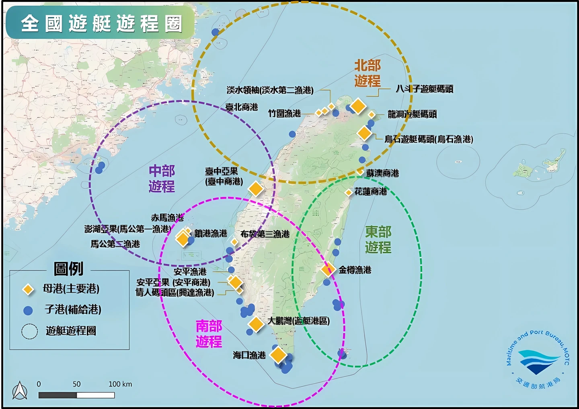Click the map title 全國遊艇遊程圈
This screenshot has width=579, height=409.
tap(101, 23)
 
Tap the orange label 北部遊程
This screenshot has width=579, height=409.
tap(367, 73)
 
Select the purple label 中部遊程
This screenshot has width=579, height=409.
tap(162, 179)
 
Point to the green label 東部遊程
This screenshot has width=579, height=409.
tap(378, 239)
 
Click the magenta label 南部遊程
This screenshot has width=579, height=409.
tap(209, 334)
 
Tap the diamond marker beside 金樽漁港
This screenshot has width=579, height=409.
tap(328, 269)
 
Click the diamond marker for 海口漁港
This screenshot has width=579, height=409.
tap(278, 355)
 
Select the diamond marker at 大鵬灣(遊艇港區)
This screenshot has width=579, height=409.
tap(256, 324)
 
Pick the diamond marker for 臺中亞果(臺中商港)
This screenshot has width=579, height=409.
tap(256, 188)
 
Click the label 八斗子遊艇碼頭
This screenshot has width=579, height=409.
tap(424, 89)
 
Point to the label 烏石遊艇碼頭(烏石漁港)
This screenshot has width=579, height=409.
tap(429, 139)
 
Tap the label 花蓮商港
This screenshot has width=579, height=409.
tap(370, 191)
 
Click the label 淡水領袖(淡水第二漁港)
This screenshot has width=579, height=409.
tap(270, 90)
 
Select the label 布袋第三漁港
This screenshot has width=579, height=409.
tap(265, 234)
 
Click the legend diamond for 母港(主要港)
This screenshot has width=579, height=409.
tap(28, 289)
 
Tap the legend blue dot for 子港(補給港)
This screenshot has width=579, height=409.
tap(28, 310)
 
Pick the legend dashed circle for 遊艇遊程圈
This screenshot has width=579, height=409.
tap(29, 332)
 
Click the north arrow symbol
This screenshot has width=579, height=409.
tap(20, 391)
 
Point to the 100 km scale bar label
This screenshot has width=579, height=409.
tap(120, 384)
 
